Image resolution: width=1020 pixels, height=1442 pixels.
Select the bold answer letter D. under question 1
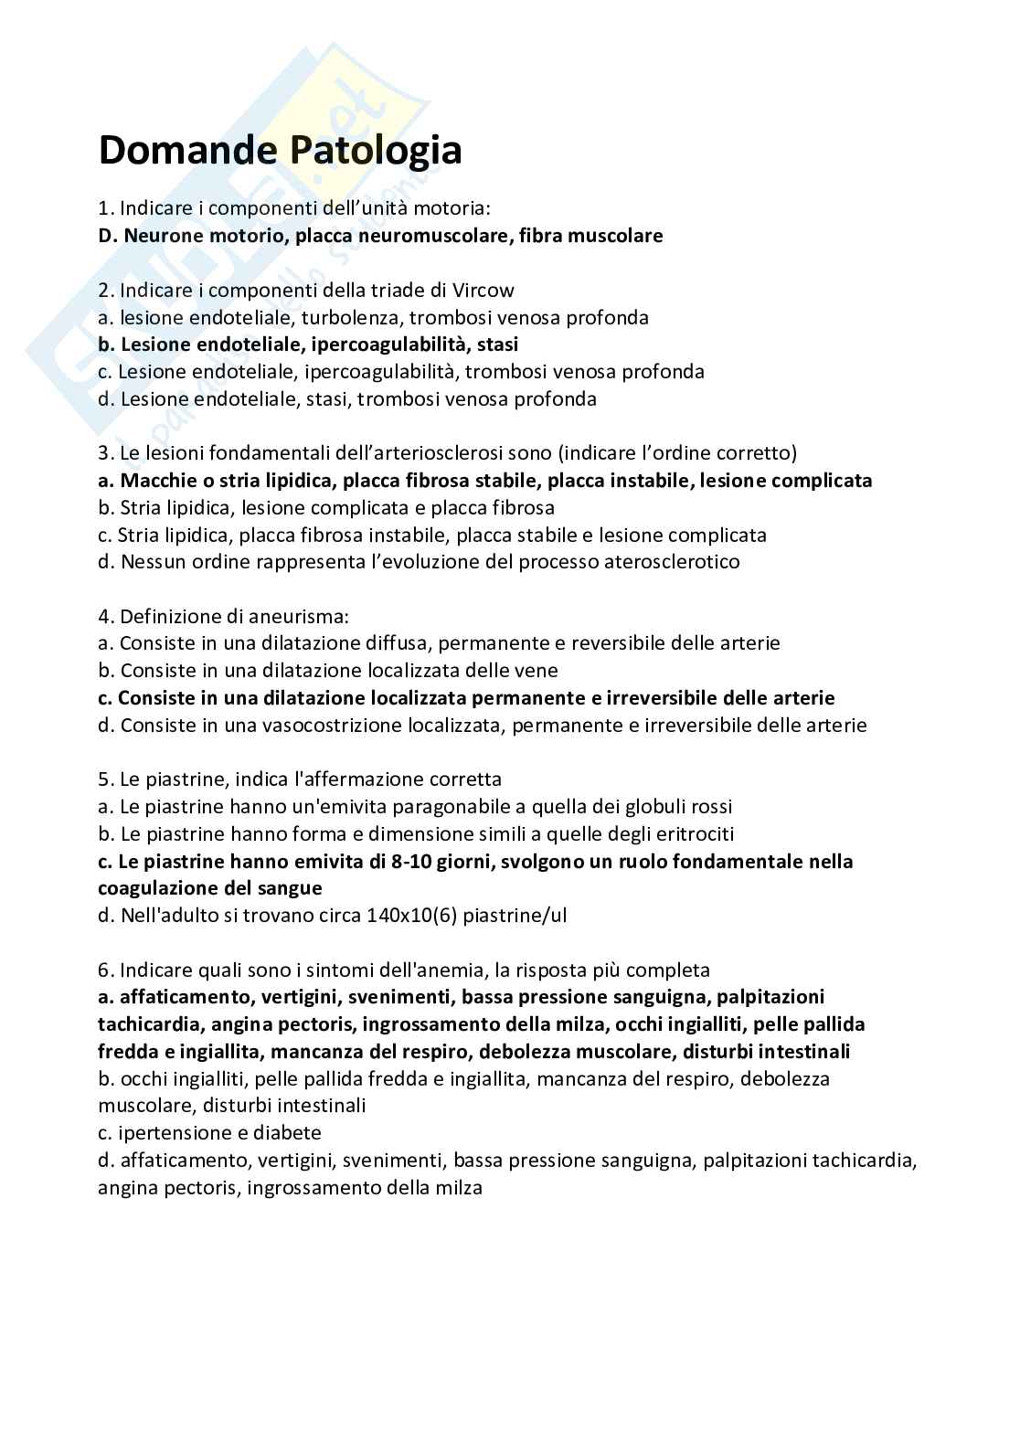108,236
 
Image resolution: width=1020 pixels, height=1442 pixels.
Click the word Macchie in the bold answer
154,481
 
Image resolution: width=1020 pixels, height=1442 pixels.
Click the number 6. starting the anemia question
106,970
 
